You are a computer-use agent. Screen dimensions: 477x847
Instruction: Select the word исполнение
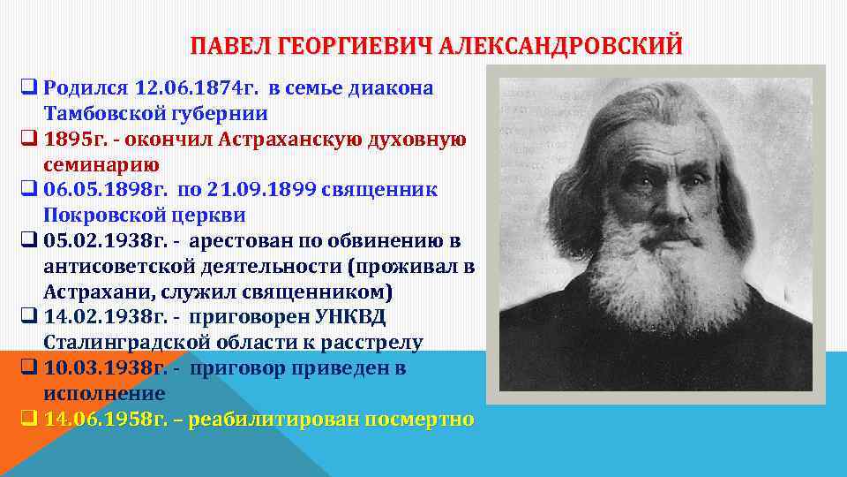[x=104, y=393]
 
